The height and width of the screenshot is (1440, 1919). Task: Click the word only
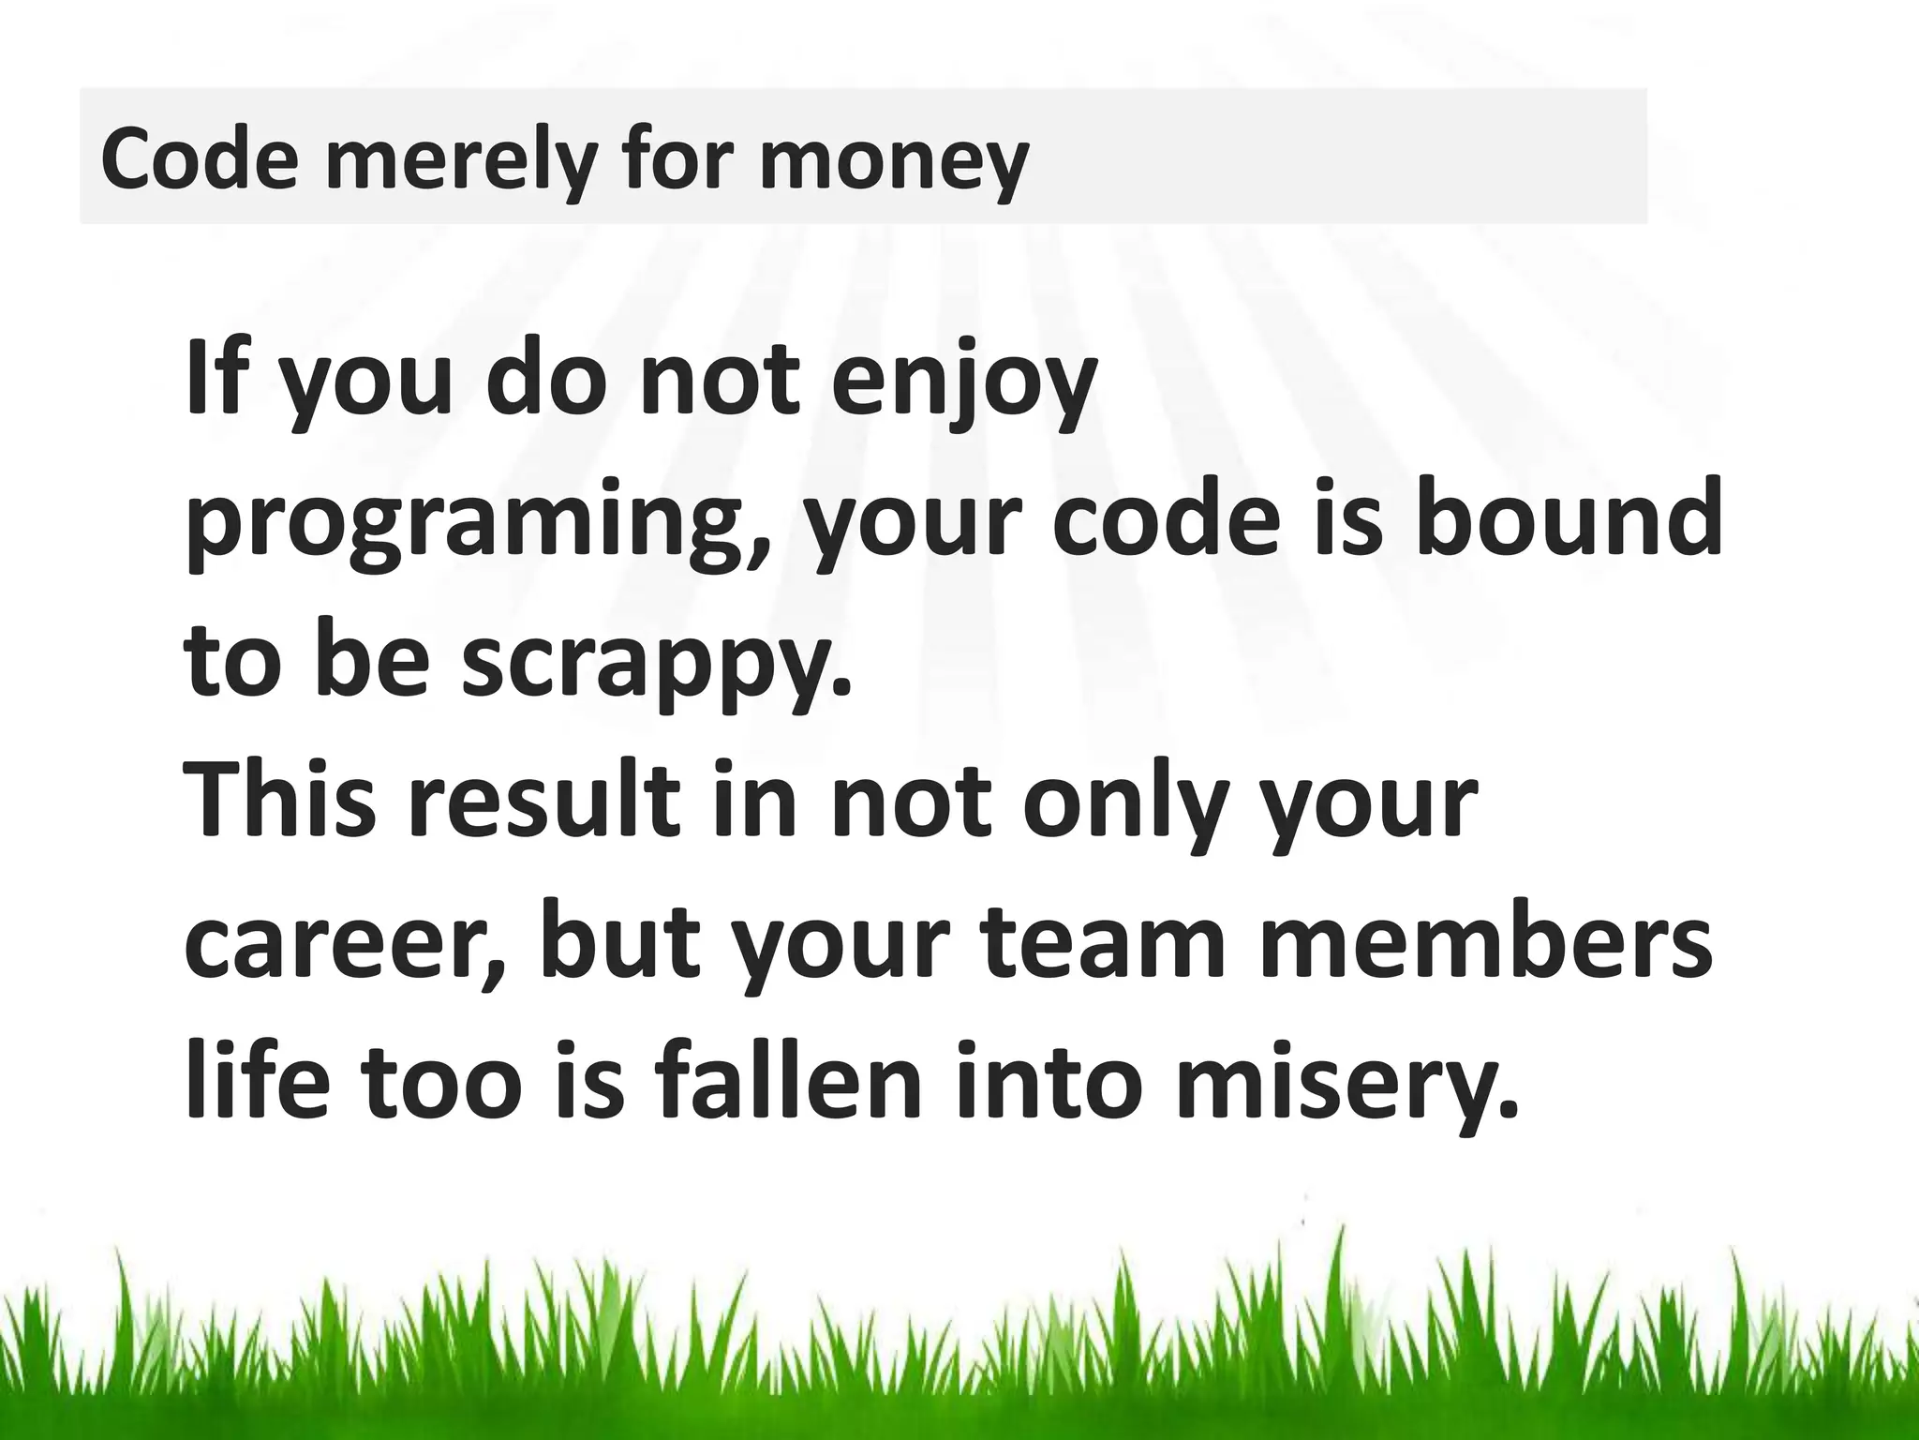click(1127, 803)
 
